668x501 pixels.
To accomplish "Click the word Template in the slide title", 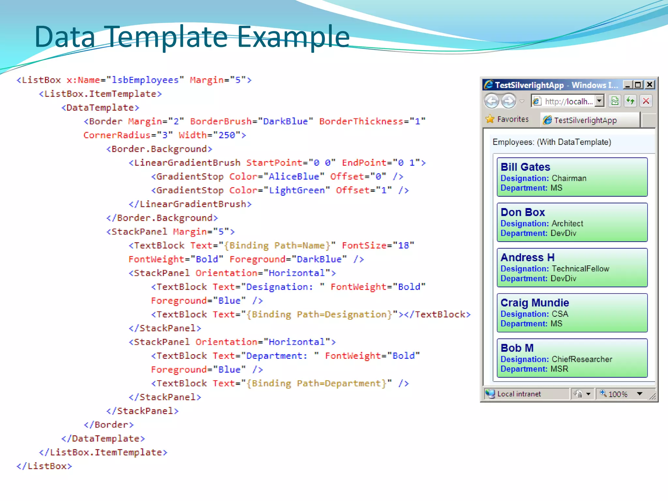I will point(167,37).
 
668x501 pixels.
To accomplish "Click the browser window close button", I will point(650,85).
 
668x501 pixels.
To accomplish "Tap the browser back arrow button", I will point(492,101).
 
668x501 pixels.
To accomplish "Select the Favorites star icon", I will point(490,119).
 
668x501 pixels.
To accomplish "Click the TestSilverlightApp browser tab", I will point(585,120).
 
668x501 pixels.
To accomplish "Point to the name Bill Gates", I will point(525,167).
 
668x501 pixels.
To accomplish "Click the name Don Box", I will point(523,212).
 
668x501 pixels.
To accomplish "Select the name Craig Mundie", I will point(535,303).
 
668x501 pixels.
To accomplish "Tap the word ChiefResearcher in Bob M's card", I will point(582,359).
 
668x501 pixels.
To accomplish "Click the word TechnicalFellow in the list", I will point(580,269).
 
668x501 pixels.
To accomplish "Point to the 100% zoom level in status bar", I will point(618,394).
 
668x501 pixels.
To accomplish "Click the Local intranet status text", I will point(519,394).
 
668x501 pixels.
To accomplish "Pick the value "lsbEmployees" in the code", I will point(145,80).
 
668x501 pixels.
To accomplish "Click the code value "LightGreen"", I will point(296,190).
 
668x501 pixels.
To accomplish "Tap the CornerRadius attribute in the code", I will point(117,135).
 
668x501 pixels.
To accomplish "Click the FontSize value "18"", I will point(403,246).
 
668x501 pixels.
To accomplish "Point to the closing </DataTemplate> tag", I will point(103,439).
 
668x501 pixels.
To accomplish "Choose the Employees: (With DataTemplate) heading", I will point(552,142).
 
